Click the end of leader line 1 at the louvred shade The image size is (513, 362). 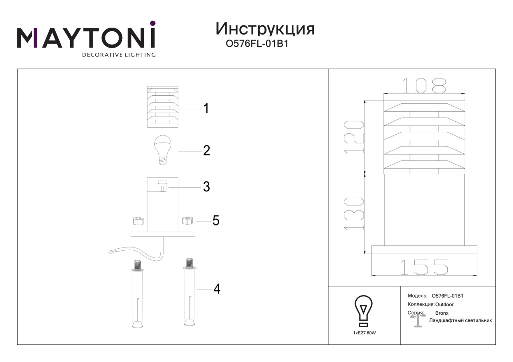[x=178, y=109]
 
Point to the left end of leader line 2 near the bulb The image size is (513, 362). [x=178, y=151]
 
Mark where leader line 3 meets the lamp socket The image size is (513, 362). [x=167, y=188]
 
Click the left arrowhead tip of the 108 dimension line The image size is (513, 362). [x=384, y=94]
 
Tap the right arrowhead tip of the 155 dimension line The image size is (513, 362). [x=477, y=275]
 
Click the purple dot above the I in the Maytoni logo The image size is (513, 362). [x=153, y=23]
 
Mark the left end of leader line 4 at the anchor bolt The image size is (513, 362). [x=197, y=290]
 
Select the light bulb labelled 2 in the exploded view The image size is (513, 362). [x=163, y=150]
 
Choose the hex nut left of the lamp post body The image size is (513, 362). [x=138, y=221]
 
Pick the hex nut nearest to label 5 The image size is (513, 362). [x=188, y=220]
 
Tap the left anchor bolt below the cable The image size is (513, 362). [x=137, y=294]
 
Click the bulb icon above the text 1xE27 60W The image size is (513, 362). [x=364, y=311]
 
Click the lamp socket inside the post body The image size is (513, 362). [x=162, y=186]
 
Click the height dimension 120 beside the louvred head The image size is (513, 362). [x=354, y=137]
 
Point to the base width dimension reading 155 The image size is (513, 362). [x=424, y=267]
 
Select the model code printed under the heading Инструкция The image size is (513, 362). [x=257, y=44]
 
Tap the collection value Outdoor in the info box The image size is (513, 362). [x=444, y=305]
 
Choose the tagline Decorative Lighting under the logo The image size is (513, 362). [x=119, y=55]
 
